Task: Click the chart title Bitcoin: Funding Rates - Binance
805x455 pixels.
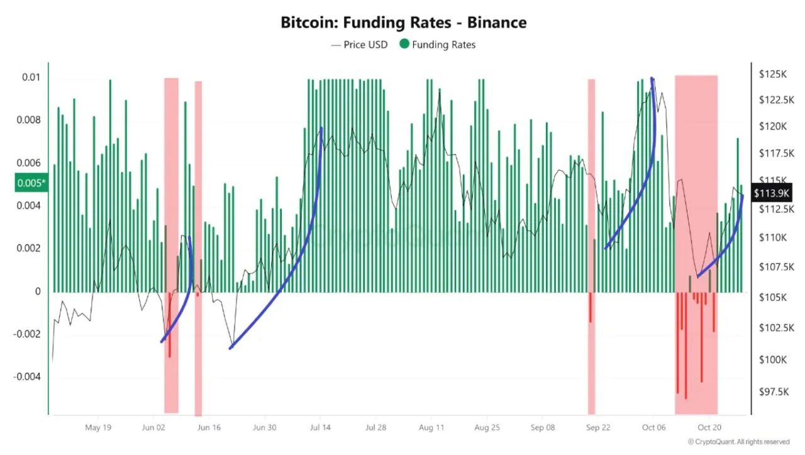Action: point(403,23)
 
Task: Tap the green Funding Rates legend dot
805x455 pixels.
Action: point(404,45)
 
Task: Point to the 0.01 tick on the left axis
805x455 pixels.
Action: point(31,77)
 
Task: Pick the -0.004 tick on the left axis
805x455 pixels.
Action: point(26,376)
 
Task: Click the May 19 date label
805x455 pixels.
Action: point(97,427)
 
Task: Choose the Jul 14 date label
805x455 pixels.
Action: point(320,427)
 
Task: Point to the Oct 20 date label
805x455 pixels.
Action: point(709,427)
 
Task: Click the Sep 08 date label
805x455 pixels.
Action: point(543,427)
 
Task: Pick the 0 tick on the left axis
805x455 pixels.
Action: point(38,291)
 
